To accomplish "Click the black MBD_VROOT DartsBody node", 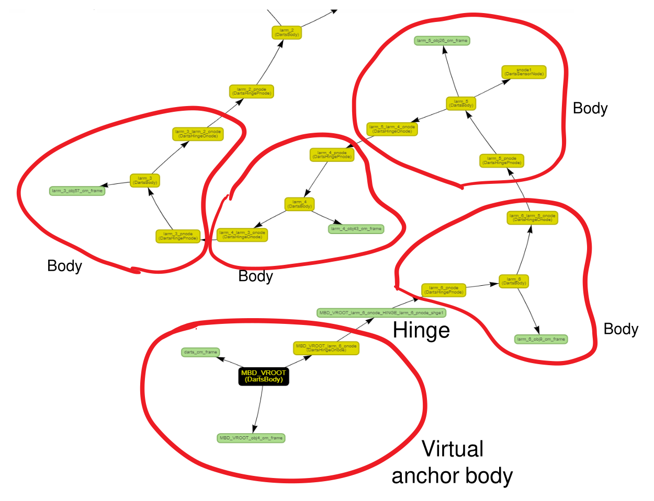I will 264,376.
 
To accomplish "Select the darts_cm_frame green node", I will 200,352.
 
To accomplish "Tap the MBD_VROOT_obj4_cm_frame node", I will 251,438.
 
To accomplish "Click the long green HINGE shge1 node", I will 381,313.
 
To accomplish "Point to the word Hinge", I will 421,330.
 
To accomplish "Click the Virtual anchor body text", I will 453,462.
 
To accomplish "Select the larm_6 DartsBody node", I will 514,281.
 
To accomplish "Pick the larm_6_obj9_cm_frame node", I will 541,339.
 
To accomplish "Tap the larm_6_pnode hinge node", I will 444,290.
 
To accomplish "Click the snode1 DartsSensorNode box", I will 524,72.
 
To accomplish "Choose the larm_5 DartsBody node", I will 461,103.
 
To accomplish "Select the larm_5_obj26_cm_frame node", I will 442,40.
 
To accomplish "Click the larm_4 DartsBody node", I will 299,204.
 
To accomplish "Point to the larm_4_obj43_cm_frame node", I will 356,229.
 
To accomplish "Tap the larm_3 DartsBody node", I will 145,180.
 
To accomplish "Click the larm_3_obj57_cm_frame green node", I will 77,191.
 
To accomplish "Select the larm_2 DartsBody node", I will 287,32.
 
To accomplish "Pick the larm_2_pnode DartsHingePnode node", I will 252,91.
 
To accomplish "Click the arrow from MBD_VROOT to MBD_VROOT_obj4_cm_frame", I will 258,410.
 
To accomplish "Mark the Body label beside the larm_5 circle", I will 590,108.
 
